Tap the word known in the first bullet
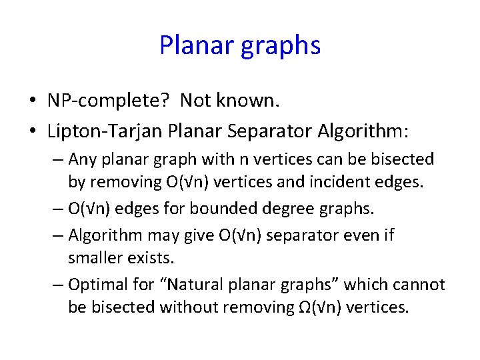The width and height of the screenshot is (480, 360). pos(253,101)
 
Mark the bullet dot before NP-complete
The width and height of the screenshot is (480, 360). pos(32,101)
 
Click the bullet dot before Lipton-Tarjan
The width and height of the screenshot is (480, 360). pos(32,132)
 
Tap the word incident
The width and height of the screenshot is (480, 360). pos(353,182)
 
